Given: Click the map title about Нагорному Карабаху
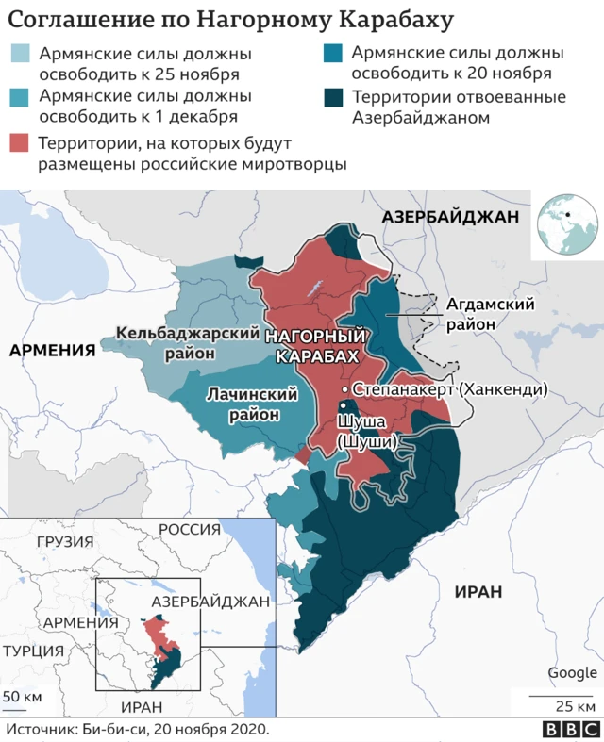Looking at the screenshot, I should point(231,20).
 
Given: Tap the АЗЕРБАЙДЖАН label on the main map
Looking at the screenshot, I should point(450,218).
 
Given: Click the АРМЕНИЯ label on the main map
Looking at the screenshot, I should point(53,351).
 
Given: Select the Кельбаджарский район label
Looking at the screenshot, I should point(189,343).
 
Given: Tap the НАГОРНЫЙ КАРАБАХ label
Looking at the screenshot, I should point(316,346).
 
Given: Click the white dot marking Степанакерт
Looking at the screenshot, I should point(345,389).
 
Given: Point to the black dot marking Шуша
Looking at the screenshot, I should point(343,406).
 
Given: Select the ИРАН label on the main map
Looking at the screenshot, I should point(477,591).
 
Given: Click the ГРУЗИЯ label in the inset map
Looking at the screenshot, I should point(65,542).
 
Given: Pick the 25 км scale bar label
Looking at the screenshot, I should point(574,706).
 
